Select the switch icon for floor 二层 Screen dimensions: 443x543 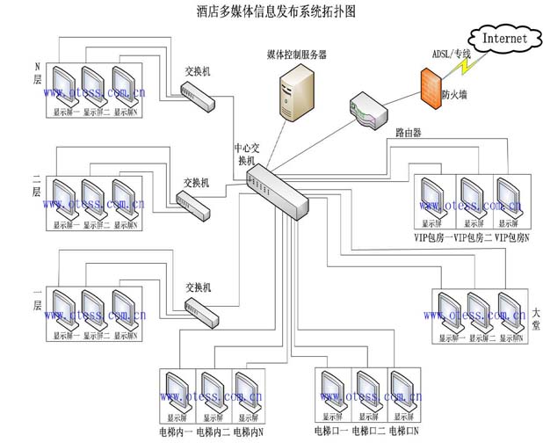(193, 204)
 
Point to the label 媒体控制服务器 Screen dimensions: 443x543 (296, 54)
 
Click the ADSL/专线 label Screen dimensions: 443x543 (451, 54)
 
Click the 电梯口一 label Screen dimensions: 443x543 (330, 432)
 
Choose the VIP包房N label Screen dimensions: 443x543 (514, 237)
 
